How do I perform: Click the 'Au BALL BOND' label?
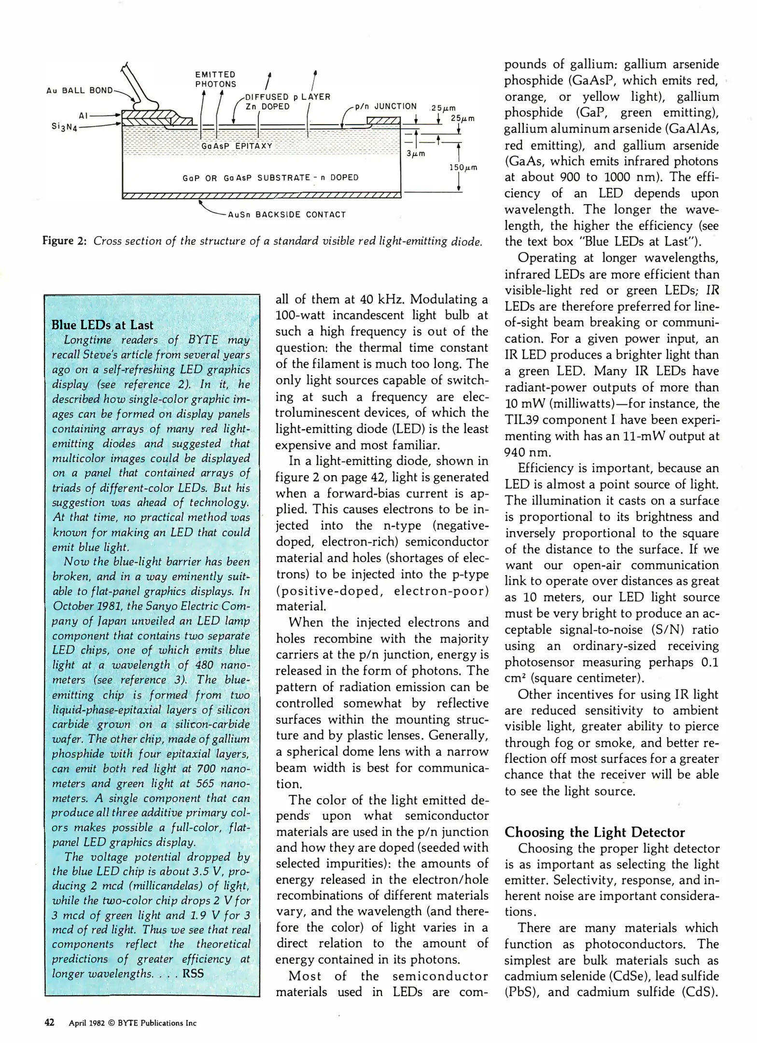pyautogui.click(x=79, y=90)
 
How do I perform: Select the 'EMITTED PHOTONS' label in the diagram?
pyautogui.click(x=215, y=79)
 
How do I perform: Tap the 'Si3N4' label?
pyautogui.click(x=64, y=127)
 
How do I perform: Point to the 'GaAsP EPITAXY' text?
pyautogui.click(x=237, y=146)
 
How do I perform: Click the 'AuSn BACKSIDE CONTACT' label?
pyautogui.click(x=287, y=214)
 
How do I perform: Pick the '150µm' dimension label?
pyautogui.click(x=463, y=168)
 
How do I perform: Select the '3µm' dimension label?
pyautogui.click(x=415, y=154)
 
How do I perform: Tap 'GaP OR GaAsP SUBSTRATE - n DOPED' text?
pyautogui.click(x=270, y=178)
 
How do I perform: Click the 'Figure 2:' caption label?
pyautogui.click(x=64, y=240)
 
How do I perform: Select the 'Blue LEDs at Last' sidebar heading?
pyautogui.click(x=102, y=325)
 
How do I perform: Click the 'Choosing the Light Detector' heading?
pyautogui.click(x=594, y=832)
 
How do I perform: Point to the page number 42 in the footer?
pyautogui.click(x=49, y=1022)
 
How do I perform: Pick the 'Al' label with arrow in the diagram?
pyautogui.click(x=83, y=115)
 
